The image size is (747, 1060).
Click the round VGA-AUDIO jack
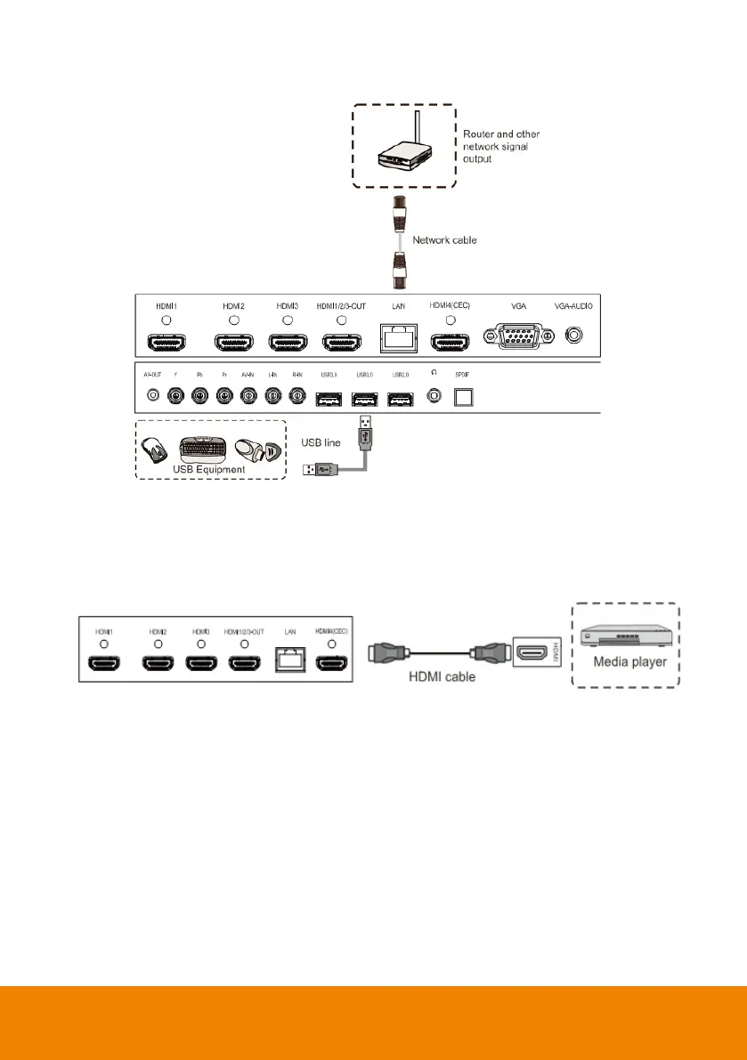pyautogui.click(x=575, y=336)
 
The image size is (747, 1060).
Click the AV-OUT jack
pyautogui.click(x=153, y=394)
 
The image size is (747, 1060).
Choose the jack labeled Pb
pyautogui.click(x=200, y=394)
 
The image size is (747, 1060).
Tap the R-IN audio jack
pyautogui.click(x=297, y=394)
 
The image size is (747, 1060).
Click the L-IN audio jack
pyautogui.click(x=273, y=394)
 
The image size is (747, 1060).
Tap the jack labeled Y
pyautogui.click(x=176, y=394)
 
